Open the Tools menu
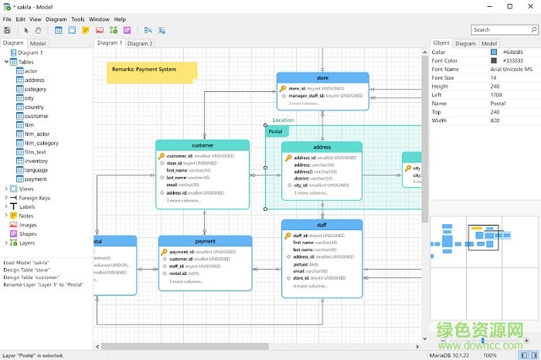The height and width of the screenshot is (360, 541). click(x=77, y=19)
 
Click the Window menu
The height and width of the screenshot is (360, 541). click(x=99, y=19)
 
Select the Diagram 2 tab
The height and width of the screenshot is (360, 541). click(x=140, y=43)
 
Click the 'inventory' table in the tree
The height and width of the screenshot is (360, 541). click(x=36, y=161)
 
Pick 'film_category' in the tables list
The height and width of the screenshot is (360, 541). click(x=41, y=143)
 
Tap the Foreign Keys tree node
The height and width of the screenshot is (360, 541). click(x=35, y=197)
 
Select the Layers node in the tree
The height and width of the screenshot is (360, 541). click(x=27, y=243)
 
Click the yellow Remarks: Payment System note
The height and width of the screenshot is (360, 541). click(x=151, y=70)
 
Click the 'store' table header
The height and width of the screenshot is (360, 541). click(x=322, y=78)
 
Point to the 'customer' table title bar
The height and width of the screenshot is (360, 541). click(x=202, y=145)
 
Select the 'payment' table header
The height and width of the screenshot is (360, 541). click(x=205, y=241)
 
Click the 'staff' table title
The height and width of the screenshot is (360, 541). click(x=322, y=225)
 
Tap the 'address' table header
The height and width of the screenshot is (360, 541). click(x=322, y=147)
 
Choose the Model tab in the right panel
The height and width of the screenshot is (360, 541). click(x=488, y=43)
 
